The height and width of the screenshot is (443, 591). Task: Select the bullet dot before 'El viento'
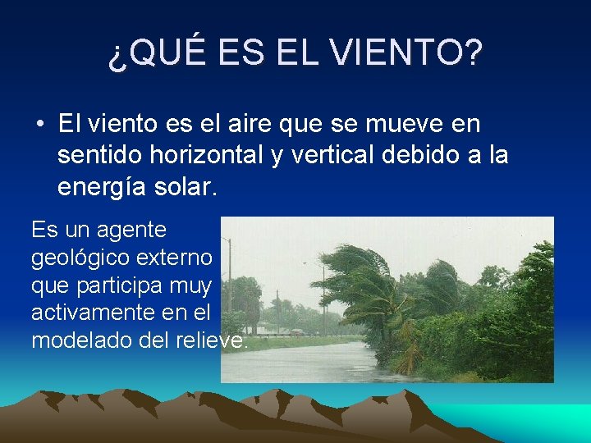coord(39,126)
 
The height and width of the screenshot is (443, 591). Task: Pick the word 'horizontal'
coord(203,156)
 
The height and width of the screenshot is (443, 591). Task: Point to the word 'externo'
coord(180,258)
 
